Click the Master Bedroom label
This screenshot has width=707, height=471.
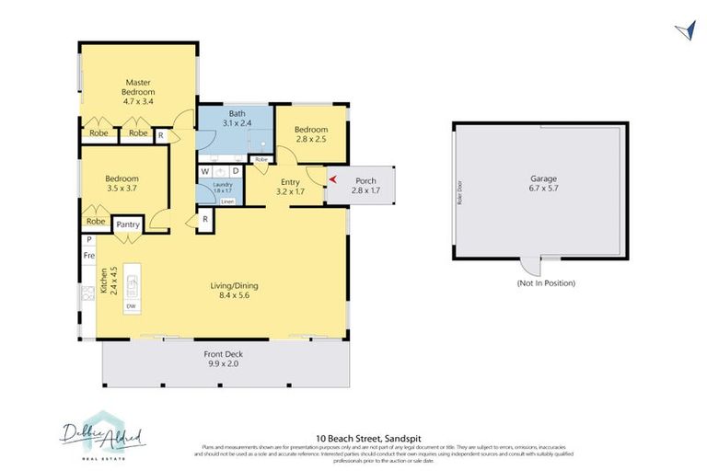139,92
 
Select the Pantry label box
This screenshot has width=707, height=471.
126,224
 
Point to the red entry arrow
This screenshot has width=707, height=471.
333,179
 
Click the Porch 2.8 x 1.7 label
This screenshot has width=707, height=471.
365,185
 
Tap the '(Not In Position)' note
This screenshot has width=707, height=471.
546,282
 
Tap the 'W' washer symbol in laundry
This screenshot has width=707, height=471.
206,170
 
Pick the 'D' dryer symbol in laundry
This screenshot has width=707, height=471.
235,170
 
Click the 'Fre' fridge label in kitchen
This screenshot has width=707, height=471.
89,254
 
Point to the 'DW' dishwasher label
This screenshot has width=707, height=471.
131,305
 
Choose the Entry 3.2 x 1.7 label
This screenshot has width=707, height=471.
290,188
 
